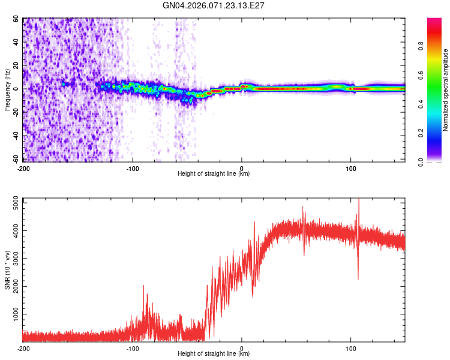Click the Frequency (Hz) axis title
tap(8, 90)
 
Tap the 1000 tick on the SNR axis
tap(12, 314)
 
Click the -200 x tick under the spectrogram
tap(23, 168)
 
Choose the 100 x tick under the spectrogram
tap(351, 168)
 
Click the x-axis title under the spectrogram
tap(214, 174)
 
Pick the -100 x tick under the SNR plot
tap(133, 348)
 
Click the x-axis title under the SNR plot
tap(214, 354)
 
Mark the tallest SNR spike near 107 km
tap(359, 200)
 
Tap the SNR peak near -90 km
tap(144, 286)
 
